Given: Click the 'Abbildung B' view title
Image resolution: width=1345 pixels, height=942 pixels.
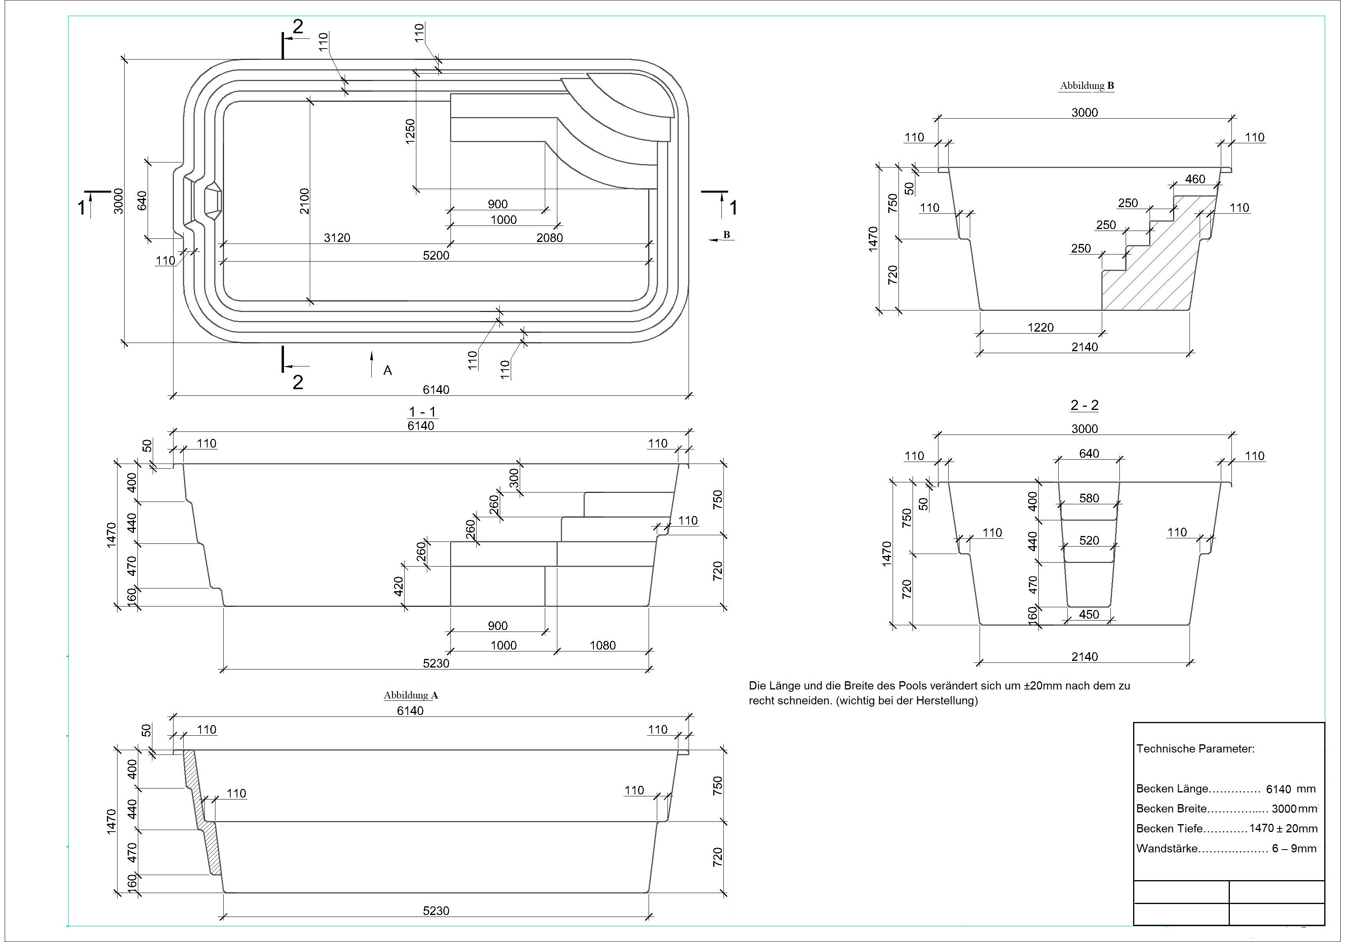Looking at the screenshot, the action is (x=1086, y=85).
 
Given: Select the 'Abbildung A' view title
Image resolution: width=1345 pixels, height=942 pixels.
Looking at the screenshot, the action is (x=410, y=695).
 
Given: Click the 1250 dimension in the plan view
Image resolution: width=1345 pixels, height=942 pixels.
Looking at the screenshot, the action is (x=410, y=130).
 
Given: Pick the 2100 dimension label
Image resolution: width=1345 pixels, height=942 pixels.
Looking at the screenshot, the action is (x=304, y=201).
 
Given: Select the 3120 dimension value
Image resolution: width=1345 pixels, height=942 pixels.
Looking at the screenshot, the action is (x=337, y=238).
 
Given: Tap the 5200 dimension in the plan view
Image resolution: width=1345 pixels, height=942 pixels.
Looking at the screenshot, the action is (x=436, y=255).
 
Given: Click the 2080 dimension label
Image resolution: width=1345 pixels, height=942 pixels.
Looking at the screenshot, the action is (x=550, y=238).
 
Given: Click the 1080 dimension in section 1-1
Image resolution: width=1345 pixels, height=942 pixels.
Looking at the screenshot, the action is (x=602, y=645).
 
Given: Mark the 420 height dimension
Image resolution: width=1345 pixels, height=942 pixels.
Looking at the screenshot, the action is (x=398, y=586).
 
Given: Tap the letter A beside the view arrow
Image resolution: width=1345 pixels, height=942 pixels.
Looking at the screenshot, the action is (x=387, y=370).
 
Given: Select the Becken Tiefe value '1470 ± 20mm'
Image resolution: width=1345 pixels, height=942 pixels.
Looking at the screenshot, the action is (x=1283, y=828).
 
